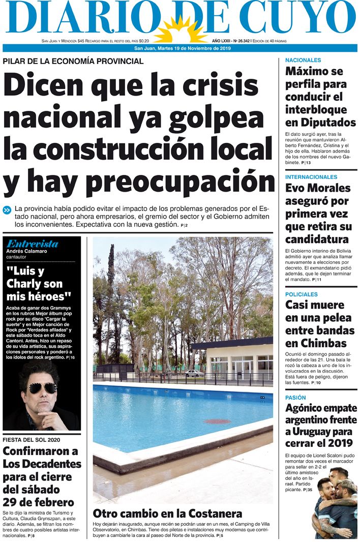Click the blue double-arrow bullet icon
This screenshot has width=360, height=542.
click(x=7, y=209)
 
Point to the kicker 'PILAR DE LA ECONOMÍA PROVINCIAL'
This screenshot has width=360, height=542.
click(x=73, y=62)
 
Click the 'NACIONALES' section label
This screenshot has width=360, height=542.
click(x=303, y=60)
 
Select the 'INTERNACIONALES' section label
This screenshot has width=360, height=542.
click(x=311, y=177)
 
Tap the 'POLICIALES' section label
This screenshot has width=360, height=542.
click(x=302, y=294)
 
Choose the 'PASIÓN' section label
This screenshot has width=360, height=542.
click(x=295, y=397)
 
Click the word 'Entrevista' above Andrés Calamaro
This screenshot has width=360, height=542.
click(x=32, y=244)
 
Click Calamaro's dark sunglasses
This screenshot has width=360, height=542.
click(x=42, y=388)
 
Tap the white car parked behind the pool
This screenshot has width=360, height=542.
click(x=194, y=373)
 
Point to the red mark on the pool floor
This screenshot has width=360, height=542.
click(x=217, y=421)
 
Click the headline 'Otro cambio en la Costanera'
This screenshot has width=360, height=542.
click(x=167, y=513)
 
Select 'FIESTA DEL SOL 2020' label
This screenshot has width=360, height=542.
click(x=32, y=439)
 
